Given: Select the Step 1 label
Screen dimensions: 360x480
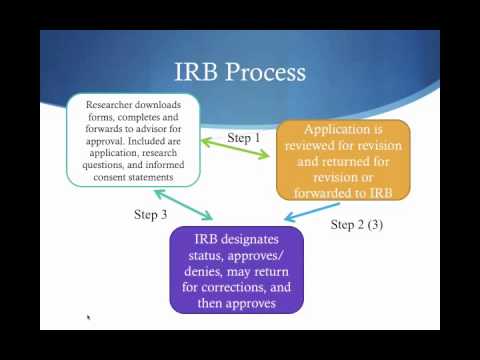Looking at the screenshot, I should [x=243, y=138].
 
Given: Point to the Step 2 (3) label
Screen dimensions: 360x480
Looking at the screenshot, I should [x=356, y=224].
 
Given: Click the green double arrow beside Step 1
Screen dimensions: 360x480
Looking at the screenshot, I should [x=237, y=149].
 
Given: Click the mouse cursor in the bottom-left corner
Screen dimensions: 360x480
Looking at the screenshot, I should [x=88, y=318].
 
